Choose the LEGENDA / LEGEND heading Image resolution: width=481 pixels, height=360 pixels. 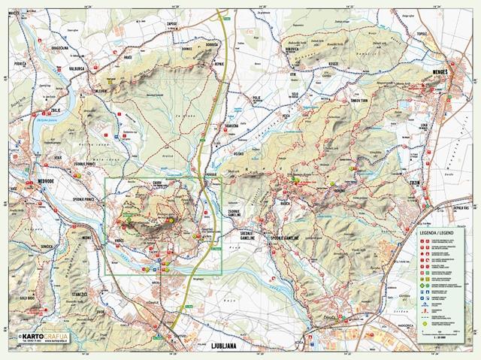tap(437, 234)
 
